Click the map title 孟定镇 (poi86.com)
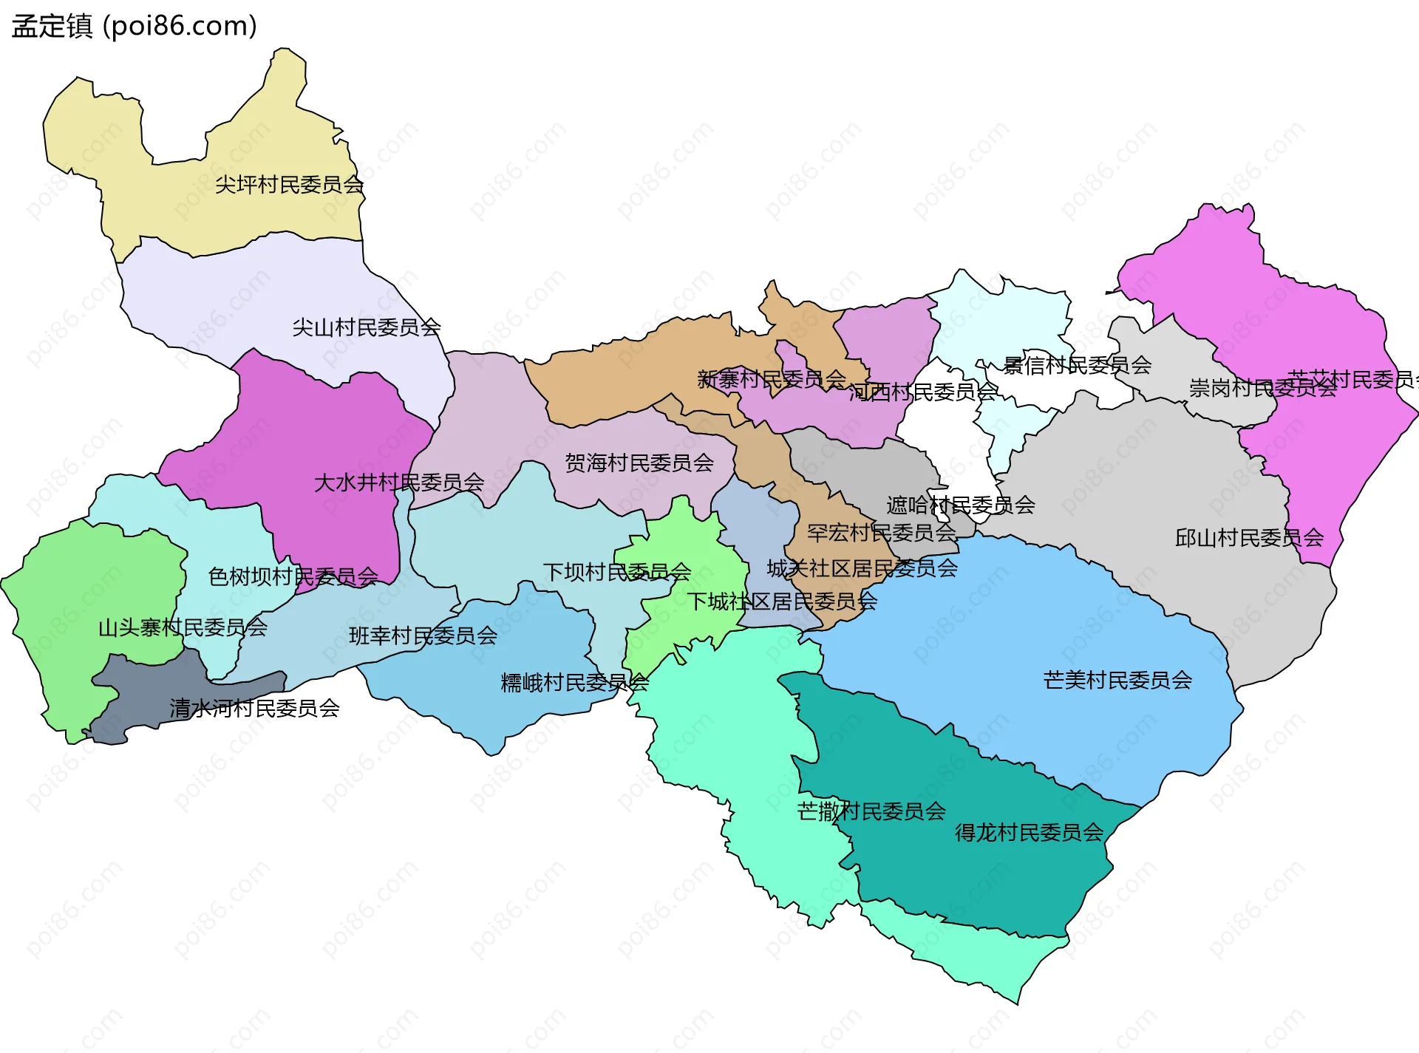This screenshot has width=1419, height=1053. click(134, 26)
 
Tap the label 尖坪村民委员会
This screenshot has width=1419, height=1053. click(289, 185)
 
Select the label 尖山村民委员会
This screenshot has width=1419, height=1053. click(367, 327)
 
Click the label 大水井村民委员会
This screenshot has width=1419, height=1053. click(399, 483)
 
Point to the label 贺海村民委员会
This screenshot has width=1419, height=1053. click(639, 463)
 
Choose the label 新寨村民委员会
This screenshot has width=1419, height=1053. click(772, 380)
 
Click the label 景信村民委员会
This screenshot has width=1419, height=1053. click(1077, 365)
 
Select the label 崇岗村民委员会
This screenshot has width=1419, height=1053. click(1262, 388)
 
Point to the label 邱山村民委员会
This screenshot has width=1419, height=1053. click(1249, 538)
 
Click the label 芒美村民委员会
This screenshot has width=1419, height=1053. click(1117, 681)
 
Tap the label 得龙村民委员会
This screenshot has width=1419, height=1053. click(1029, 834)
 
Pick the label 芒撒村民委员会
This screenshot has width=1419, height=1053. click(871, 812)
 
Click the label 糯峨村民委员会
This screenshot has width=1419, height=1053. click(574, 683)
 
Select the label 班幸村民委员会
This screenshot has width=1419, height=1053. click(423, 636)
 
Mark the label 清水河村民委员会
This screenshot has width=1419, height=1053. click(254, 709)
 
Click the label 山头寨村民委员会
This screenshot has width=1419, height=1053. click(183, 628)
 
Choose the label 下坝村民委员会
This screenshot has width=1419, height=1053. click(617, 572)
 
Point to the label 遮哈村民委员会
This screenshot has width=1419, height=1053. click(960, 505)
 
